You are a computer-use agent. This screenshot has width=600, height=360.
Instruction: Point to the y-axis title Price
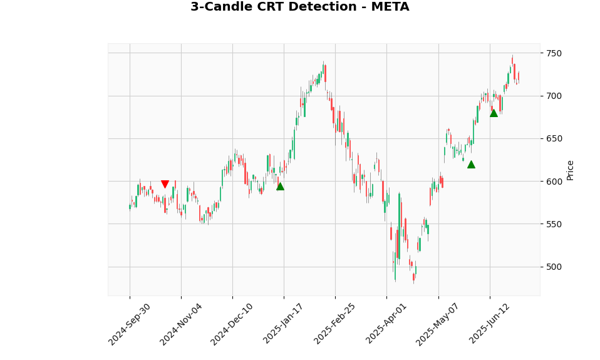571,170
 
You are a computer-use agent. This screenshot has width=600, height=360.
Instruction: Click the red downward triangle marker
165,185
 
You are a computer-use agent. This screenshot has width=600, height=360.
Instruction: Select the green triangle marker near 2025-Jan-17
280,186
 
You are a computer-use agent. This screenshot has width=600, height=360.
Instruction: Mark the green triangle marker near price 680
494,113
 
